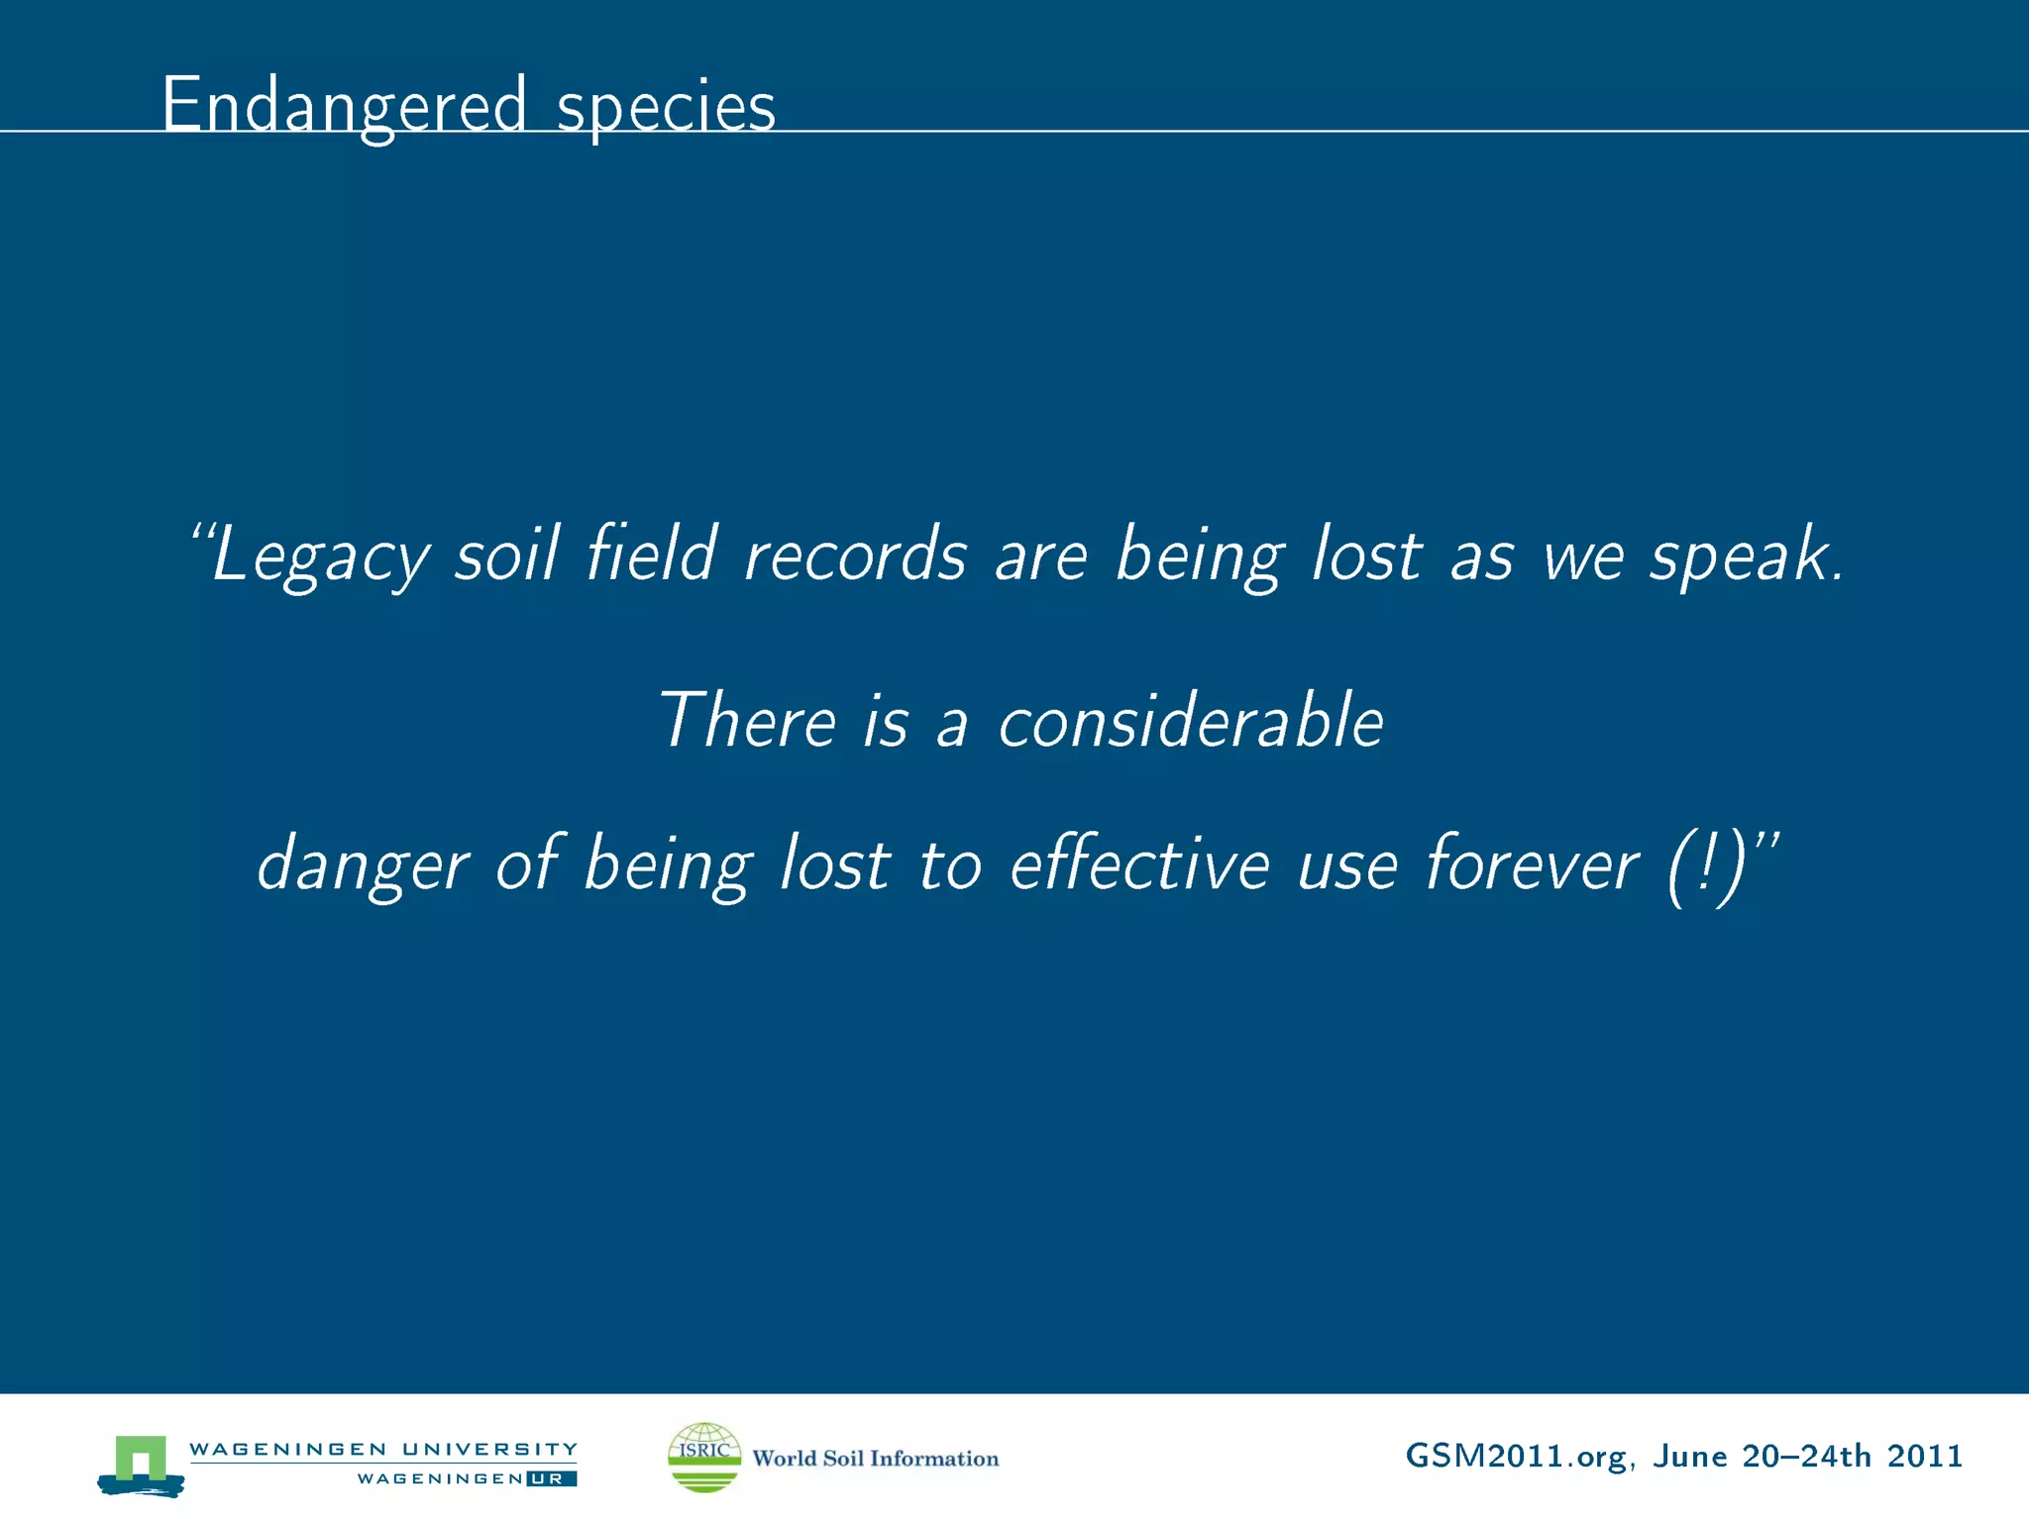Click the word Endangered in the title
click(x=343, y=105)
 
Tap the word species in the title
click(x=665, y=107)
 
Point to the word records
click(x=854, y=555)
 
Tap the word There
click(x=748, y=720)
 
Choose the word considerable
click(x=1190, y=720)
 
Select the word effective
click(x=1139, y=863)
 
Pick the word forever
click(x=1532, y=863)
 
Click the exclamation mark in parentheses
click(x=1704, y=867)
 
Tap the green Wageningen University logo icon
click(x=141, y=1465)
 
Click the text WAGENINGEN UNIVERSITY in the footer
click(x=382, y=1450)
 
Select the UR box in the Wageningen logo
click(x=551, y=1479)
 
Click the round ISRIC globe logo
click(x=704, y=1457)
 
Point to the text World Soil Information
click(x=875, y=1459)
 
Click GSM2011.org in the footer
click(x=1515, y=1457)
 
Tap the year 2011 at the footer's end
click(x=1924, y=1457)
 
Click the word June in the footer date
click(x=1690, y=1457)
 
